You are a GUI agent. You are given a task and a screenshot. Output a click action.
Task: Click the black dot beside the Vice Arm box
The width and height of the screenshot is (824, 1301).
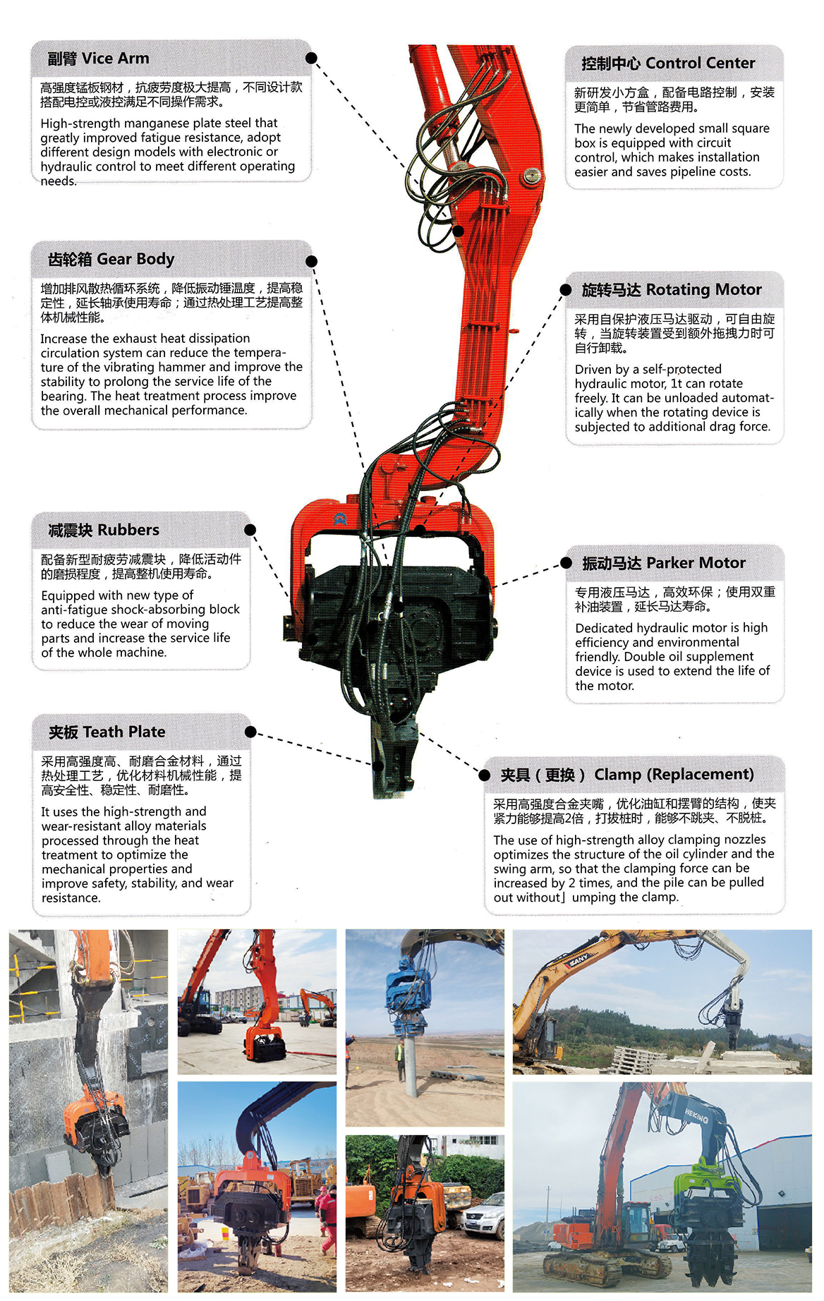click(311, 58)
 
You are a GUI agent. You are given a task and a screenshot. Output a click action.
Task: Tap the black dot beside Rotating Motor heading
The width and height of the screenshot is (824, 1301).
click(566, 290)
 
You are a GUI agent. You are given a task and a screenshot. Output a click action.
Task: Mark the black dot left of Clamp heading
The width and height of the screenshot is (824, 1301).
click(485, 775)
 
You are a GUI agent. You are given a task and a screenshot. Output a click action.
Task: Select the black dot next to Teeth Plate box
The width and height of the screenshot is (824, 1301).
click(250, 732)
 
